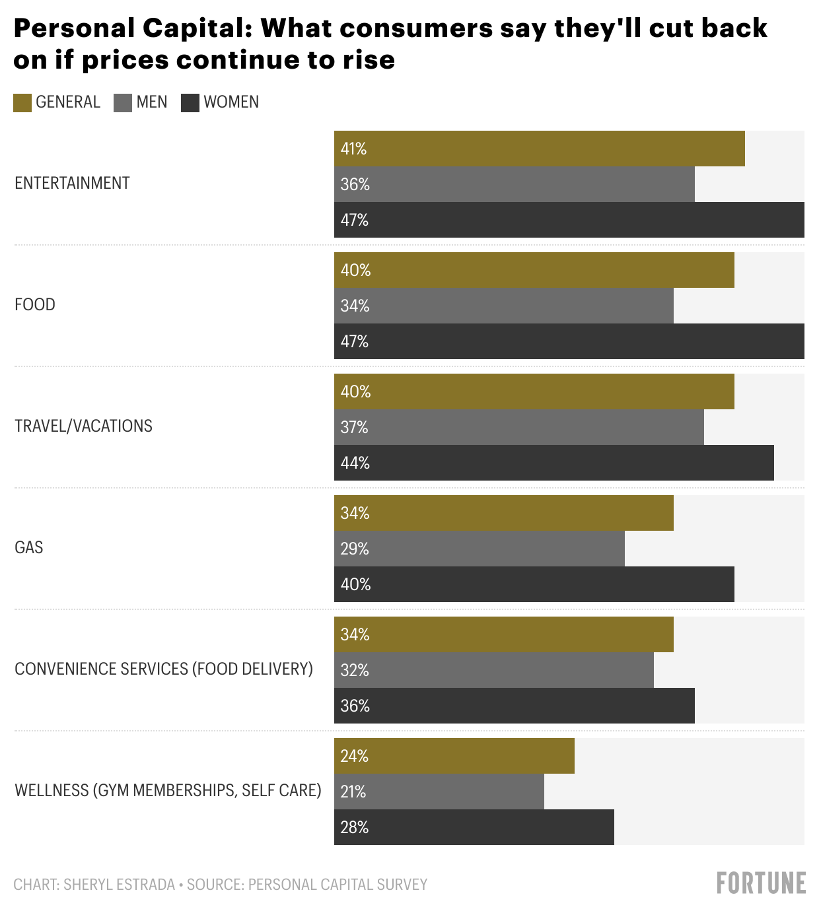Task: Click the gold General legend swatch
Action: point(22,102)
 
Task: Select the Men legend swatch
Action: point(123,102)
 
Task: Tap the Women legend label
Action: point(231,102)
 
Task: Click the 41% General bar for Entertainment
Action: point(539,149)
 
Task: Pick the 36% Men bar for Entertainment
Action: point(514,184)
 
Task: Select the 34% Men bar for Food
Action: point(503,306)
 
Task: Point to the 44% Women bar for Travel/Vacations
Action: point(553,463)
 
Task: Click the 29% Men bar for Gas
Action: point(479,549)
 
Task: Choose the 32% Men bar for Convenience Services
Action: point(493,670)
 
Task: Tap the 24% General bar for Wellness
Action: point(454,756)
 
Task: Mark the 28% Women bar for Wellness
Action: point(474,827)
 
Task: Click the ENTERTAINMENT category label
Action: point(72,183)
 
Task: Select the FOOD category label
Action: point(35,304)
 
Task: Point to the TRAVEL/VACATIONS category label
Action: point(83,426)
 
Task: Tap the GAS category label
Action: point(29,547)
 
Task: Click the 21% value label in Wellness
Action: point(353,792)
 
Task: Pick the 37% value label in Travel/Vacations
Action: point(354,427)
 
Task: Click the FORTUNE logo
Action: point(761,883)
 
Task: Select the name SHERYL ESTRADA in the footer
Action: point(119,884)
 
